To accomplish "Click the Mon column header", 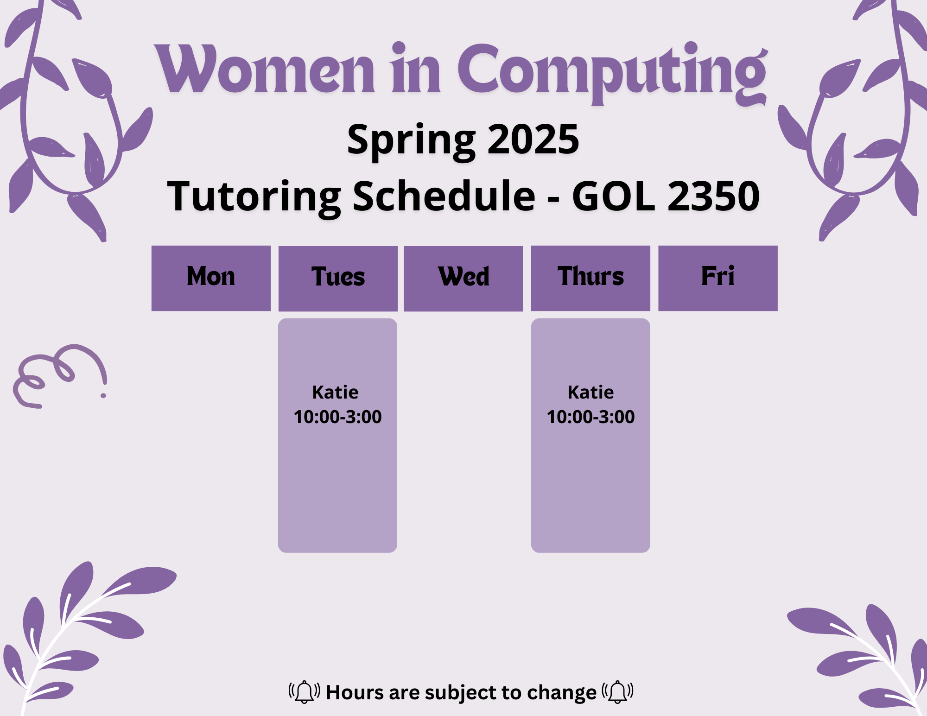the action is point(211,278).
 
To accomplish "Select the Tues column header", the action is point(338,279).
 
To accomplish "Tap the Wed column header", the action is point(463,279).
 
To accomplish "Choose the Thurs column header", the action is point(590,278).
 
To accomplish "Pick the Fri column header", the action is point(718,278).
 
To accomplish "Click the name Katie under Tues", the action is point(335,393).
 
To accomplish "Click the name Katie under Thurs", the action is point(590,393).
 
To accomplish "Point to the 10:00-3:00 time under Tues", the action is point(337,417).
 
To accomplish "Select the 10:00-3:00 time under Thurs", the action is point(590,417).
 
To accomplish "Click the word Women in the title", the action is point(264,70).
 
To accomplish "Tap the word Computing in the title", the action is point(613,73).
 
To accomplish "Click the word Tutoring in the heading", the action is point(254,198).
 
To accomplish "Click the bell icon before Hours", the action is point(304,692).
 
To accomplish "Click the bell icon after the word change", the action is point(617,692).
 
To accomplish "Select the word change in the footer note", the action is point(562,693).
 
